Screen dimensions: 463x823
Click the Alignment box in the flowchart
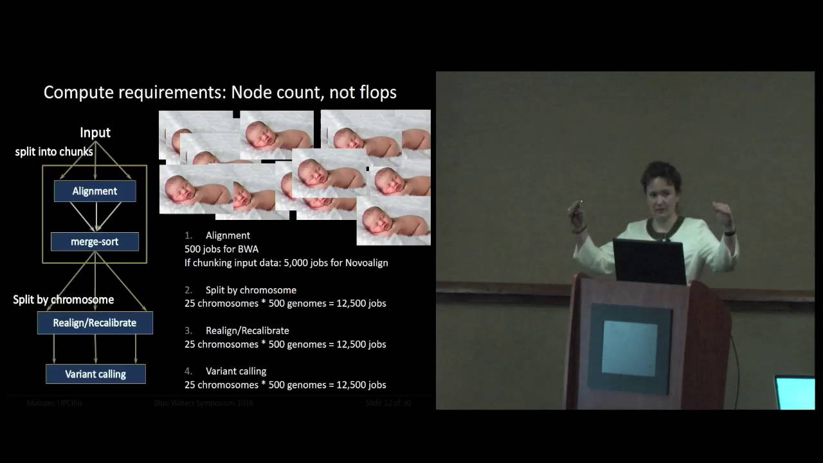(x=95, y=191)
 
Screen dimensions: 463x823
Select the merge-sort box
(x=95, y=242)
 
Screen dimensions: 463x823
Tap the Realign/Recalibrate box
(x=95, y=323)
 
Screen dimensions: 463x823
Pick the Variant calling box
(x=95, y=374)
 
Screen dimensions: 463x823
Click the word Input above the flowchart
(x=95, y=132)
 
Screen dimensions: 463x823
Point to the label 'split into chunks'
(x=54, y=152)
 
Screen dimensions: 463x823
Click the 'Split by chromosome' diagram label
(x=64, y=300)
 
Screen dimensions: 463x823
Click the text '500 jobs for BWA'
(x=221, y=249)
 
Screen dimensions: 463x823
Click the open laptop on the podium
(x=649, y=261)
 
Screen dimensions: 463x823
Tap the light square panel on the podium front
(x=629, y=348)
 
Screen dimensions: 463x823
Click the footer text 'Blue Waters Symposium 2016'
(x=203, y=403)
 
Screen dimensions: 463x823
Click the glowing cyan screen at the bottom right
(x=795, y=392)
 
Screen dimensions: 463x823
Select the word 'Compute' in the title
(x=79, y=93)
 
